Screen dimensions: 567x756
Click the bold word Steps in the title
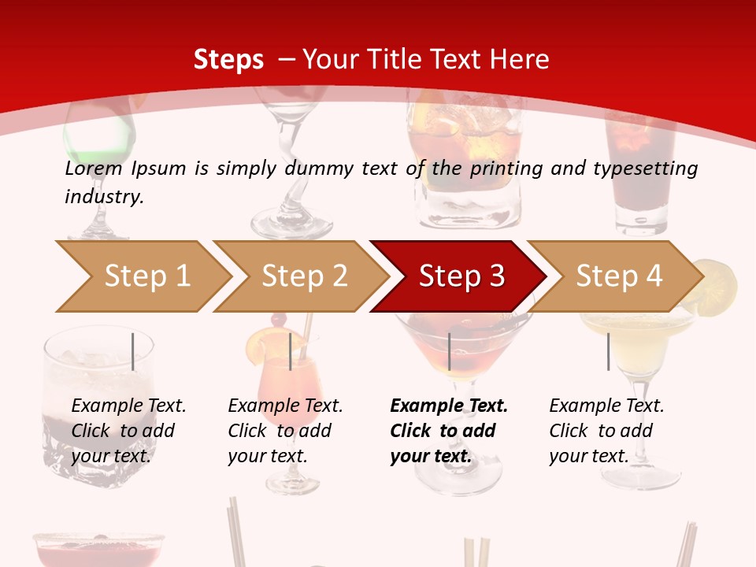point(228,60)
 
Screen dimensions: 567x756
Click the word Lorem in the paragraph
point(94,168)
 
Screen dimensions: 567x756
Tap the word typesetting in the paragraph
point(645,168)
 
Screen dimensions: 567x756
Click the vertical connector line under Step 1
point(133,351)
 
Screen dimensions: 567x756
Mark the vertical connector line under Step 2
point(291,351)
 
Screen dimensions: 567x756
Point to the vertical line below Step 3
point(449,351)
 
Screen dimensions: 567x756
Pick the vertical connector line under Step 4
point(608,351)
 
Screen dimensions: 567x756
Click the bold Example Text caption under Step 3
point(449,431)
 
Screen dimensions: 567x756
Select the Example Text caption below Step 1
point(128,431)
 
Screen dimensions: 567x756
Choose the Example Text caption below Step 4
point(606,431)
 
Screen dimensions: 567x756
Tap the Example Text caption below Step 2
point(285,431)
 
